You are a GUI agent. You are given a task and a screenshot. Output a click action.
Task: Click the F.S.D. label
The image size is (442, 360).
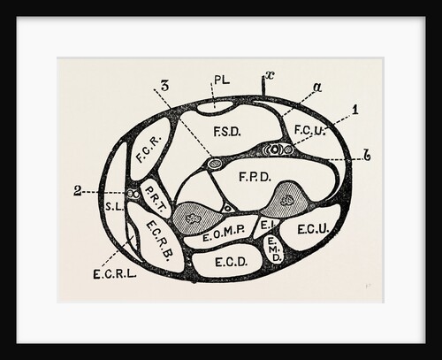pyautogui.click(x=227, y=132)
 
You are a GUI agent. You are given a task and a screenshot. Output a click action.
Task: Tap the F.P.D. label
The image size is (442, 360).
pyautogui.click(x=255, y=177)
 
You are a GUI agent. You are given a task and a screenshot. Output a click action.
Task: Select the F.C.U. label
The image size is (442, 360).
pyautogui.click(x=309, y=130)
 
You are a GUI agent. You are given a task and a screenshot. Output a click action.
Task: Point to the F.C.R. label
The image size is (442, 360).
pyautogui.click(x=149, y=149)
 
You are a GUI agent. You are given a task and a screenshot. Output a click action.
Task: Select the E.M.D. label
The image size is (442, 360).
pyautogui.click(x=275, y=249)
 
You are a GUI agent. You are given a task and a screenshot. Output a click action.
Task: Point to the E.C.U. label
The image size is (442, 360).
pyautogui.click(x=313, y=229)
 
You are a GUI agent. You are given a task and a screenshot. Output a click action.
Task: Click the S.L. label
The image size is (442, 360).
pyautogui.click(x=115, y=207)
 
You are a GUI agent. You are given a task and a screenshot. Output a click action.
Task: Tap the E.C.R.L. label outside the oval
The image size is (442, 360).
pyautogui.click(x=115, y=274)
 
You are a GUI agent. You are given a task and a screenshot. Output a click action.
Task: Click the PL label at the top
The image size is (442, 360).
pyautogui.click(x=222, y=80)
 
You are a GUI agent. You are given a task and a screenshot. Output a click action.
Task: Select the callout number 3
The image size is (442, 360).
pyautogui.click(x=165, y=86)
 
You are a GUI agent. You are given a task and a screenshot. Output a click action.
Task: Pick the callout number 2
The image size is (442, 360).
pyautogui.click(x=77, y=191)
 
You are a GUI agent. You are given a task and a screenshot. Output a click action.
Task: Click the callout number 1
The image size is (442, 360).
pyautogui.click(x=356, y=110)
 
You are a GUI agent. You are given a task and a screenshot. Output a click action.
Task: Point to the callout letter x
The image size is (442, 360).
pyautogui.click(x=270, y=75)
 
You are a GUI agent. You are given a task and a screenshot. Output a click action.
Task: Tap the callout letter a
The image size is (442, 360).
pyautogui.click(x=317, y=88)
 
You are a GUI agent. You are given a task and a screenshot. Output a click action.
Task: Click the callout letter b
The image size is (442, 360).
pyautogui.click(x=367, y=156)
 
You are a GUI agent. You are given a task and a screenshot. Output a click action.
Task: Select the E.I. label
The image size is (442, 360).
pyautogui.click(x=268, y=226)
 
